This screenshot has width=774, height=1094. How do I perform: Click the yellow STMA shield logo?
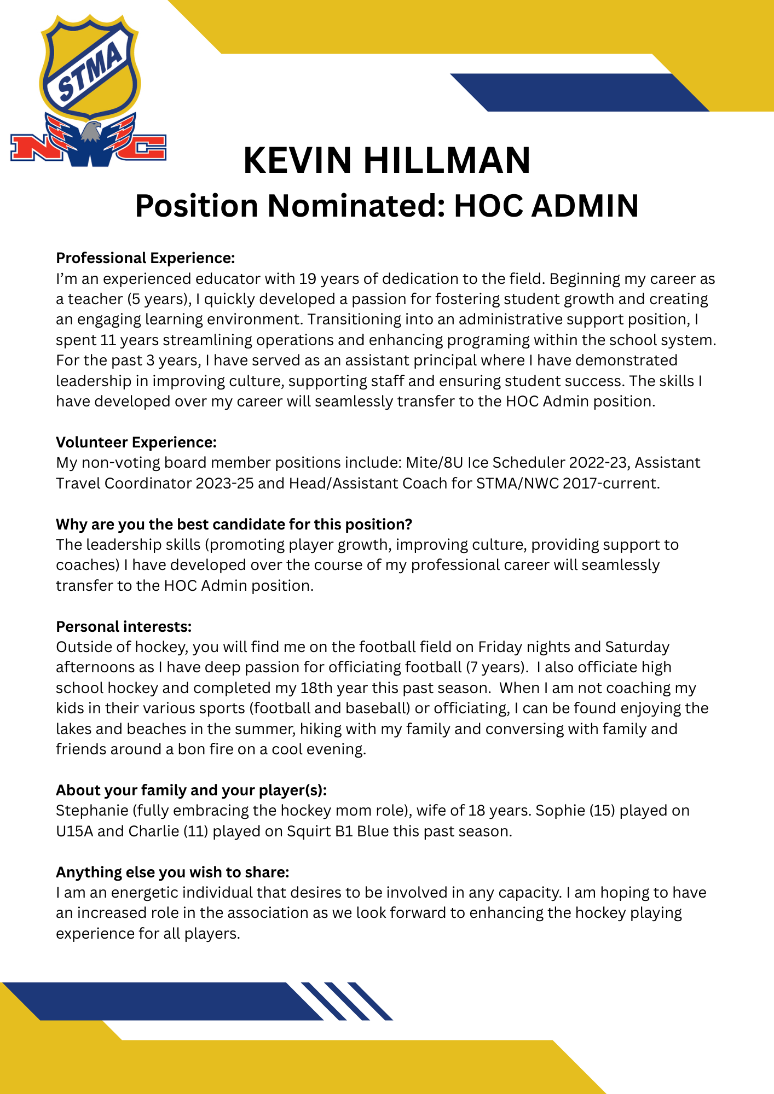coord(90,67)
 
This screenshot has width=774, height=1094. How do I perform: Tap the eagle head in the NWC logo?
coord(91,132)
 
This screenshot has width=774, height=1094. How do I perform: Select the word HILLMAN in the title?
coord(447,161)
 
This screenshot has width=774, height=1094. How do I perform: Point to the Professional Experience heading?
coord(145,258)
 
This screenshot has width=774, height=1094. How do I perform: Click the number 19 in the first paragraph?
coord(307,279)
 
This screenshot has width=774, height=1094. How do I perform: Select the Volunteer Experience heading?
coord(136,442)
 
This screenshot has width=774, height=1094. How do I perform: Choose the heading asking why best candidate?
coord(234,524)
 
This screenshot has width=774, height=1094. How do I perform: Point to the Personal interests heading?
coord(124,626)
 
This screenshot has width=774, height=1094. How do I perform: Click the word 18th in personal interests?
coord(317,688)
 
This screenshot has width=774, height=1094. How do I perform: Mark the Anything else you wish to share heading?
coord(172,872)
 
